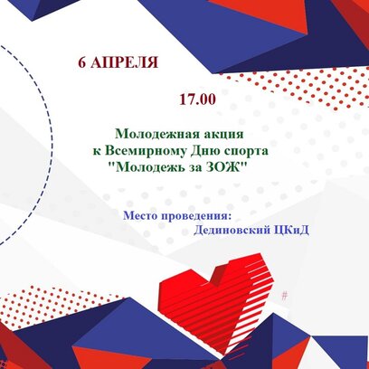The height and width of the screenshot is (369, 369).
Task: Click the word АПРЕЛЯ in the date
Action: [124, 62]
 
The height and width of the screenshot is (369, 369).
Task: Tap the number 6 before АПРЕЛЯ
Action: [82, 62]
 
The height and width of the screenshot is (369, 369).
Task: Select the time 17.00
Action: [198, 99]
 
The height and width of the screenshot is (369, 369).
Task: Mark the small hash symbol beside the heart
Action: [284, 296]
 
